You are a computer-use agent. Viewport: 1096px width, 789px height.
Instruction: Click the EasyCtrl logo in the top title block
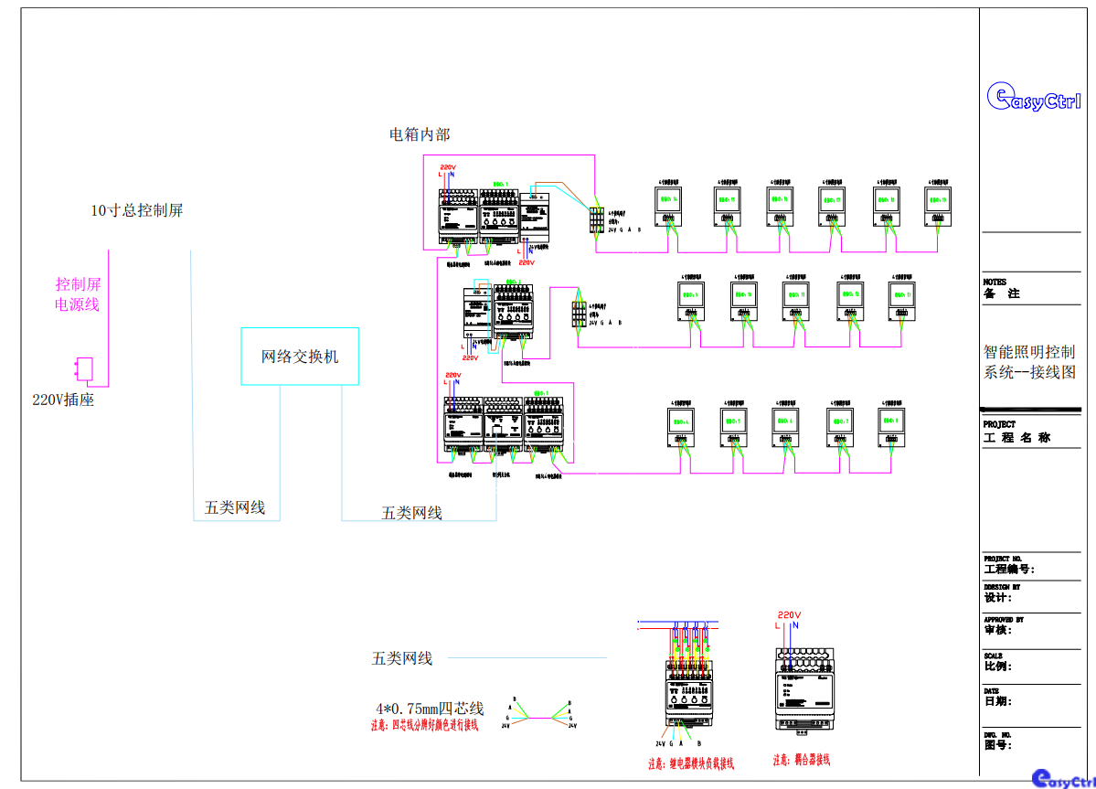(1034, 97)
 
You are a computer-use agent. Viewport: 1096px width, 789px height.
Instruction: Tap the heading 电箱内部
(420, 135)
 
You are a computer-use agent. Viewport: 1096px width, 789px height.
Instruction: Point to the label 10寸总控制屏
(136, 210)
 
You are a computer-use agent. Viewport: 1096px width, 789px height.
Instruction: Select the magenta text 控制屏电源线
(78, 294)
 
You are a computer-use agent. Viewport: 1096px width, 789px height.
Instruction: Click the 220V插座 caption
(63, 400)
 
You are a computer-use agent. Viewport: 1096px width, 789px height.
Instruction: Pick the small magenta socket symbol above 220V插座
(83, 368)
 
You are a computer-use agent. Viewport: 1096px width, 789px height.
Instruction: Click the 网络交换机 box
(300, 356)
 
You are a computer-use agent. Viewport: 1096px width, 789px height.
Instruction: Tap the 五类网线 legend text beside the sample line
(401, 658)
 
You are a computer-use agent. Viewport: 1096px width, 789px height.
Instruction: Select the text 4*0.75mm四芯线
(429, 709)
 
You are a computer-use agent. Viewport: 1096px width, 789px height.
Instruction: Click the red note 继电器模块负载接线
(691, 763)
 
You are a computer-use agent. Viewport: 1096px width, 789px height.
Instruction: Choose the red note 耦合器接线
(801, 760)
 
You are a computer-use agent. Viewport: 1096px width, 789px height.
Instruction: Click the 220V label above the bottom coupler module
(789, 615)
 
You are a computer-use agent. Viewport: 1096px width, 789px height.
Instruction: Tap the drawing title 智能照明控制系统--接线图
(1029, 361)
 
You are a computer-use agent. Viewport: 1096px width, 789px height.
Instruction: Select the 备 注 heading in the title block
(1001, 293)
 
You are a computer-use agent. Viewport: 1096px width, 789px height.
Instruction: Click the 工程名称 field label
(1016, 438)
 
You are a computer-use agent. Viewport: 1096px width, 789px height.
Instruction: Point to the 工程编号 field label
(1008, 569)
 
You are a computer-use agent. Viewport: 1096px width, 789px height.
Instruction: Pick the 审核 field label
(997, 630)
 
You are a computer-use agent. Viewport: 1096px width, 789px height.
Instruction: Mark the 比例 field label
(997, 666)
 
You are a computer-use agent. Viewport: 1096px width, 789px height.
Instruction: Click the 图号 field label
(997, 744)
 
